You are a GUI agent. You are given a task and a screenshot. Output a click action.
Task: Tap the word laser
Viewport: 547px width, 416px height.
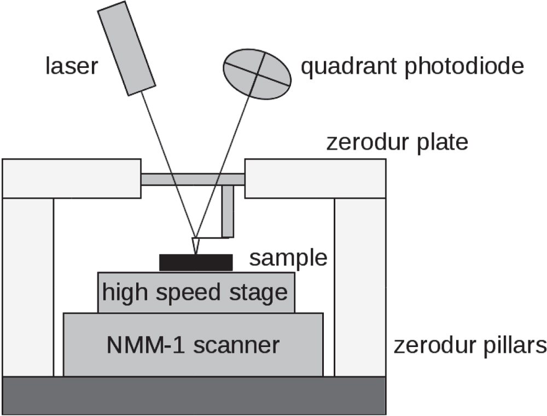71,67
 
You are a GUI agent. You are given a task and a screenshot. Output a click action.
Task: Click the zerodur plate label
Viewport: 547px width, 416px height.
397,142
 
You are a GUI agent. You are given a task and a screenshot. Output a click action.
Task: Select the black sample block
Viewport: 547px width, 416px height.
195,262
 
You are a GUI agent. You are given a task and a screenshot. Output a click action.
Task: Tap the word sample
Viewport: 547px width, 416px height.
288,258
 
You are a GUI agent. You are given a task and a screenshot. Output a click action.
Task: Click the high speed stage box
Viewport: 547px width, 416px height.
195,292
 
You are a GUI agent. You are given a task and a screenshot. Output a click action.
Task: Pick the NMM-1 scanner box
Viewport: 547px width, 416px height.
193,345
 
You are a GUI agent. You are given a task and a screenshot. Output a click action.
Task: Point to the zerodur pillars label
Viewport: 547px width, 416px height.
470,346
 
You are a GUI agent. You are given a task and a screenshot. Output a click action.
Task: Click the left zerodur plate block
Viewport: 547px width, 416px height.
71,178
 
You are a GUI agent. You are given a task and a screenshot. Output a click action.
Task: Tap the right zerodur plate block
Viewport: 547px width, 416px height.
315,178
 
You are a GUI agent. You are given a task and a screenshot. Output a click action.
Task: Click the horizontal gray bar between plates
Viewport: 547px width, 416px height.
192,179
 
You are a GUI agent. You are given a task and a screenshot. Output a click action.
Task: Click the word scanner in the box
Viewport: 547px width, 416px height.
241,345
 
